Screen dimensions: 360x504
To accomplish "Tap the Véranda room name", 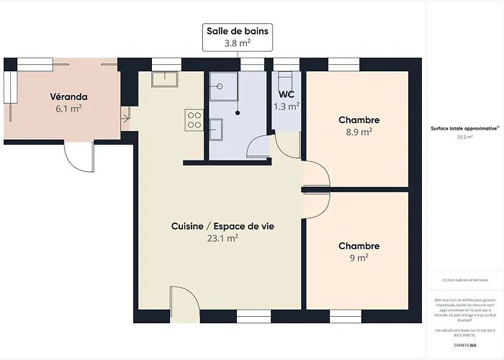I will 69,96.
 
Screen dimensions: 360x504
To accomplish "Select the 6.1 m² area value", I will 69,109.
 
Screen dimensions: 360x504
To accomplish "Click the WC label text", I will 287,94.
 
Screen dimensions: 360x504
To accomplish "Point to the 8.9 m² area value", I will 359,132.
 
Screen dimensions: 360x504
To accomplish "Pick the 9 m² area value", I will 359,258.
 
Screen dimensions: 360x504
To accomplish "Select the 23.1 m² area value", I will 222,238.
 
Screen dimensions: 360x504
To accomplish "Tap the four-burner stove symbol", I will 194,120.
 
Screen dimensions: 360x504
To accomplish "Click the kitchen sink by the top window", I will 164,79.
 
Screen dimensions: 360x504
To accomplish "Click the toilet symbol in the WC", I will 285,78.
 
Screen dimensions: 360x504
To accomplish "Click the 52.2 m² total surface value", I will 464,136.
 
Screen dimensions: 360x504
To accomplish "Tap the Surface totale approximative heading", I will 464,127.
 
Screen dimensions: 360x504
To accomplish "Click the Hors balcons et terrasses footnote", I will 464,280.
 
